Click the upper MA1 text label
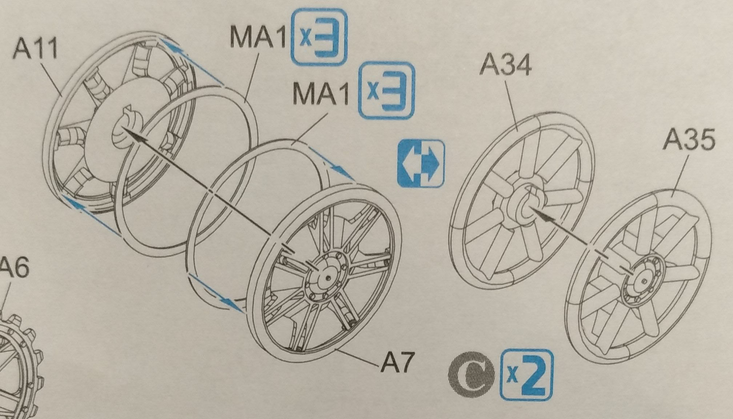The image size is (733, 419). [x=258, y=37]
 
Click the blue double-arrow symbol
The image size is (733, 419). [x=421, y=163]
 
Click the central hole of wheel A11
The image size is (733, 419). [x=122, y=133]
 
